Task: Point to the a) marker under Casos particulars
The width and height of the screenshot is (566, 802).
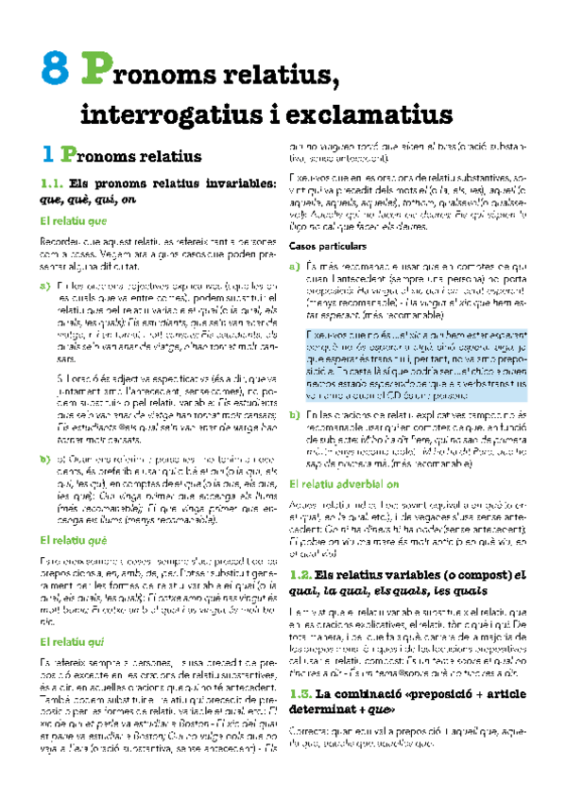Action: [x=295, y=266]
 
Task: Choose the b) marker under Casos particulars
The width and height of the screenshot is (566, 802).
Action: [x=295, y=389]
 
